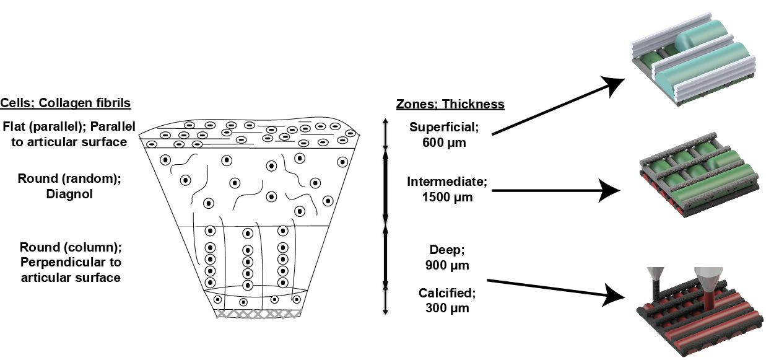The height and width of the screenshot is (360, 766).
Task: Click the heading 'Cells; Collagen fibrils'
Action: click(x=66, y=103)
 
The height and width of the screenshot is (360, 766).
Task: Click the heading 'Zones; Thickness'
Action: click(x=450, y=105)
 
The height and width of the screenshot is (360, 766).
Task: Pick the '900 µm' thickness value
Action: click(x=447, y=265)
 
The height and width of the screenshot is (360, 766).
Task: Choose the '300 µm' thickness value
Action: click(x=447, y=308)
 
